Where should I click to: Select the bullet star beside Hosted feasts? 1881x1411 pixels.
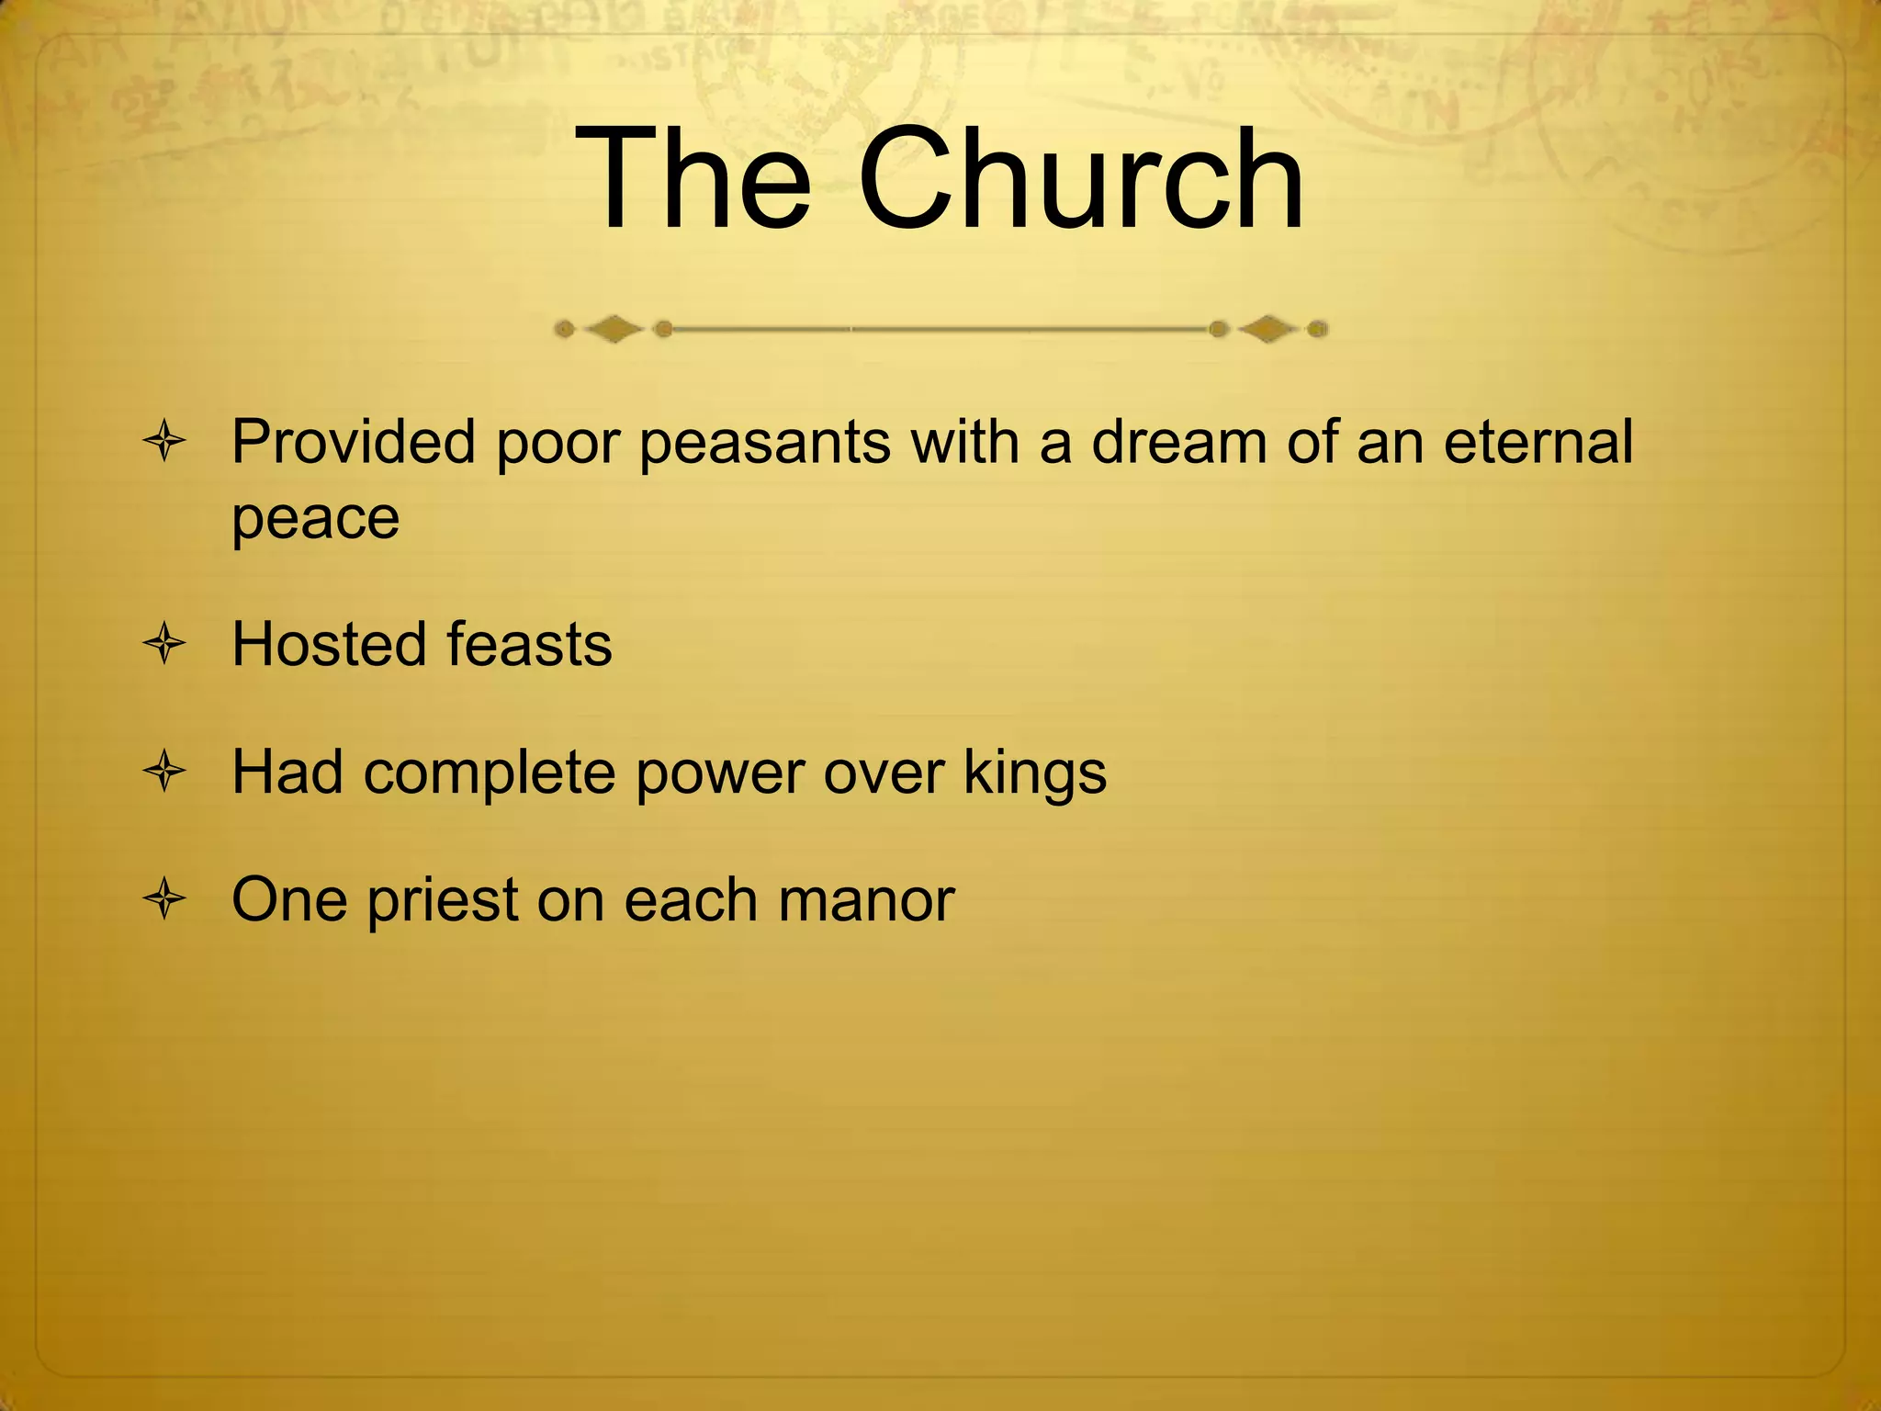coord(165,644)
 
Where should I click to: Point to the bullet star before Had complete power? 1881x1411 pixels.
coord(165,772)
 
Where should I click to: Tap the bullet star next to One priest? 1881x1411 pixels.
coord(165,899)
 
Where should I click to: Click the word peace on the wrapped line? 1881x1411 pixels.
coord(315,520)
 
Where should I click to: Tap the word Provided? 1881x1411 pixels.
coord(355,442)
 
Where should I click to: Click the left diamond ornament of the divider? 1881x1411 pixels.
coord(614,329)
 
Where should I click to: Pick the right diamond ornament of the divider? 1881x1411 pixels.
coord(1269,329)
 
